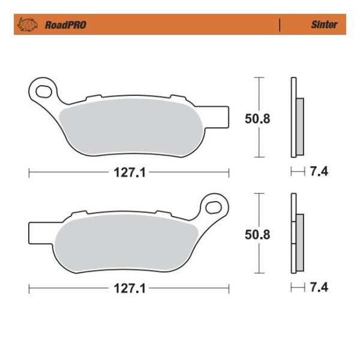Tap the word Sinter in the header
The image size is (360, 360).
point(324,25)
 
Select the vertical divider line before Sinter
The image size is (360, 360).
point(280,25)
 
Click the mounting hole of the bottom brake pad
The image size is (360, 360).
point(214,207)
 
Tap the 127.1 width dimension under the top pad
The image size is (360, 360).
point(128,173)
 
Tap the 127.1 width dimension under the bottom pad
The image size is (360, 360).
point(128,289)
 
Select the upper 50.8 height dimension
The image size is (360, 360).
point(257,119)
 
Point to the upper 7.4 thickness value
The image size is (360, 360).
point(319,173)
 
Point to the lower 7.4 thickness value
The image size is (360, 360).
point(319,289)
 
